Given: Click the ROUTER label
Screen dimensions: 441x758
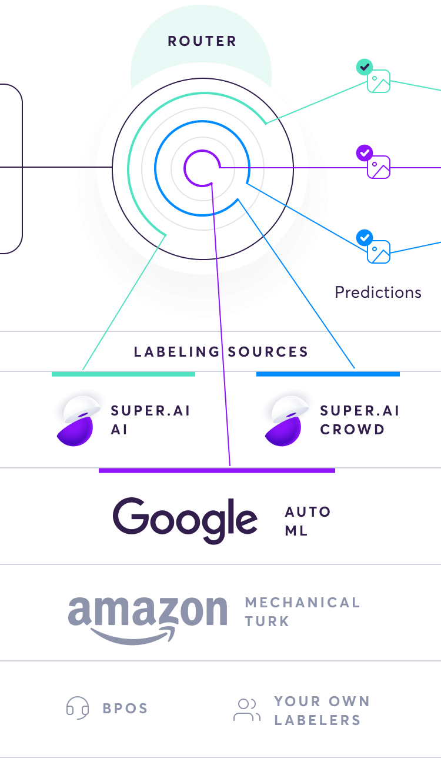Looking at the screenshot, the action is click(202, 41).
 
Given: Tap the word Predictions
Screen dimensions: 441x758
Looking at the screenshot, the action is click(378, 292).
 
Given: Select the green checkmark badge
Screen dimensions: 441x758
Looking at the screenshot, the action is click(365, 67).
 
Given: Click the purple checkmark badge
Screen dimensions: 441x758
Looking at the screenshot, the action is click(365, 153).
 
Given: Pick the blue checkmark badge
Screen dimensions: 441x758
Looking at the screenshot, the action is click(365, 238).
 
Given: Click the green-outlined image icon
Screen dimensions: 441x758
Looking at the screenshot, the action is click(379, 82).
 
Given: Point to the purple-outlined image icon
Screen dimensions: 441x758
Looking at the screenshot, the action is click(379, 167).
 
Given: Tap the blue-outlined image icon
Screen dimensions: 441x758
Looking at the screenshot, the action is click(379, 252).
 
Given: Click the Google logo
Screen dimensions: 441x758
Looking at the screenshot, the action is click(185, 520).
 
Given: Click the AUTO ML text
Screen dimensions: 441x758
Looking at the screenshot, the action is click(308, 521).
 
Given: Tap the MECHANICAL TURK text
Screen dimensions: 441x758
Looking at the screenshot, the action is click(303, 612).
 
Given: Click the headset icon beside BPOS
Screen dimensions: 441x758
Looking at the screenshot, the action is click(78, 707).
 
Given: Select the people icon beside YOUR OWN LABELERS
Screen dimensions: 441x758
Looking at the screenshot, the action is click(247, 710).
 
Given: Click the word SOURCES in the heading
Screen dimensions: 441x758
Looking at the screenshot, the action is click(268, 352).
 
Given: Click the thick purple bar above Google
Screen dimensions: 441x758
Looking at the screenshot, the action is click(217, 470).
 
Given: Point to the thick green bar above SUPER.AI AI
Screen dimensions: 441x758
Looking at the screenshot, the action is click(123, 374).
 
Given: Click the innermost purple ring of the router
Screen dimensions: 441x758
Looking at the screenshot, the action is click(185, 168).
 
